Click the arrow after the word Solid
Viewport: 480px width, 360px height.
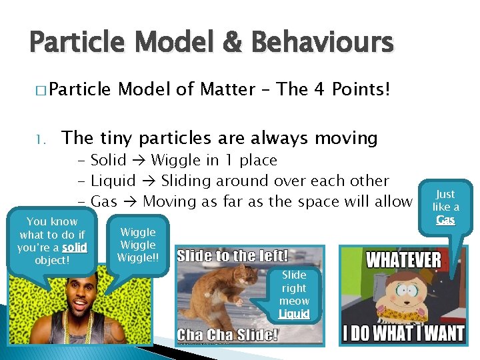[141, 161]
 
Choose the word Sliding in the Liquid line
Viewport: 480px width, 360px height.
[187, 181]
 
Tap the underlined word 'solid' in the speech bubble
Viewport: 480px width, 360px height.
[75, 247]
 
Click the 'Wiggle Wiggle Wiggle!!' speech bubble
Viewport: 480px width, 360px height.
[138, 245]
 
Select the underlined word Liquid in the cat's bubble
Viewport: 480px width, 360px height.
[294, 313]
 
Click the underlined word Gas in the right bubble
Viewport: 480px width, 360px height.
[445, 219]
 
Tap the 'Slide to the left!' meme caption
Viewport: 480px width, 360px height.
[232, 255]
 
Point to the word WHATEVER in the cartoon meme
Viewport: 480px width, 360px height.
[403, 259]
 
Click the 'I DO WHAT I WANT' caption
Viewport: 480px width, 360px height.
[403, 333]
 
